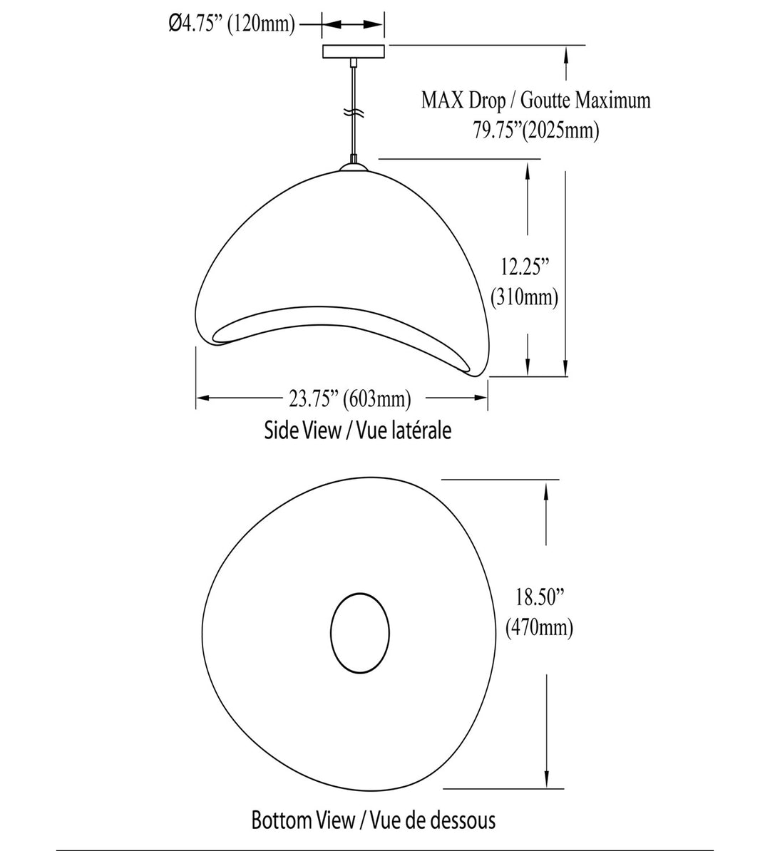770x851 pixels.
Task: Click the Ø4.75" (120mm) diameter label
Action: [232, 24]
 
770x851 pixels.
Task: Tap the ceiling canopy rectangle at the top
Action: [354, 51]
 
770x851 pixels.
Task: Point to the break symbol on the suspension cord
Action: [354, 113]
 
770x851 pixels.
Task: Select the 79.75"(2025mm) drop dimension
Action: [536, 131]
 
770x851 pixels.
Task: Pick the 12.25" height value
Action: [525, 267]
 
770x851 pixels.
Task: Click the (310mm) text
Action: [525, 297]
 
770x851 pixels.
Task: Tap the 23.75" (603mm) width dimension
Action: [349, 399]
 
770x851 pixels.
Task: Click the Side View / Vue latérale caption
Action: [358, 430]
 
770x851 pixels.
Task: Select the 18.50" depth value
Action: [539, 597]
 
